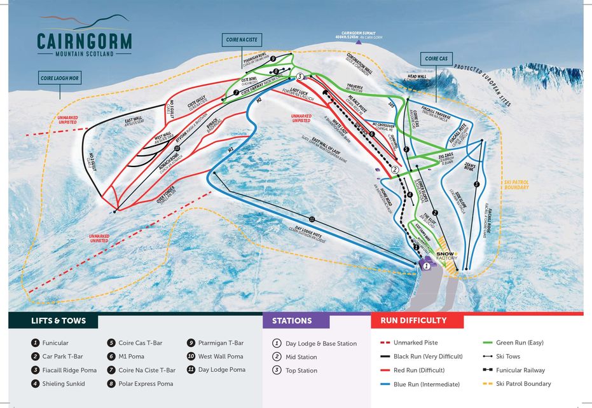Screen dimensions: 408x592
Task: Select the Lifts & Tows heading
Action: (59, 320)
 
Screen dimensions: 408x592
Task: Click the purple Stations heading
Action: (293, 320)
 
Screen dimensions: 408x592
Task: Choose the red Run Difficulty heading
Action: (413, 320)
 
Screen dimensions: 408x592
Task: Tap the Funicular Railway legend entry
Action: (514, 370)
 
